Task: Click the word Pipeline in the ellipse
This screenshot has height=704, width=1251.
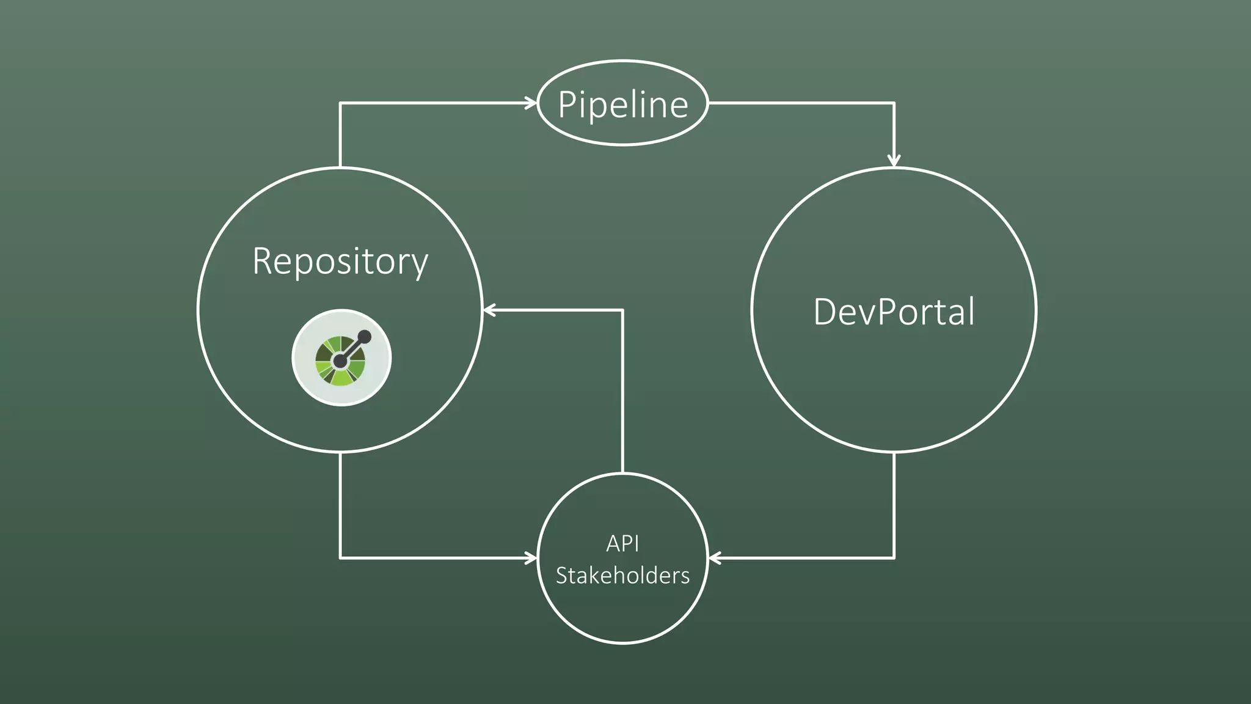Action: click(623, 105)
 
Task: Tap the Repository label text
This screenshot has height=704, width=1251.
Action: click(340, 262)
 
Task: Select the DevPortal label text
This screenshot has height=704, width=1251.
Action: click(894, 312)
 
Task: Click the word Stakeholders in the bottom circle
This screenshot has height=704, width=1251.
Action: click(622, 576)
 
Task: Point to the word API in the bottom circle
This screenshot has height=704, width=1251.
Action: click(622, 543)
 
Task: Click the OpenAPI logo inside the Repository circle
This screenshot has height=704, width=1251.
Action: click(341, 358)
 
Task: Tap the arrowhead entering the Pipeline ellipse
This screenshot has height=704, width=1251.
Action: click(532, 103)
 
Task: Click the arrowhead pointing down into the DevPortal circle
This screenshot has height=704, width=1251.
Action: click(894, 161)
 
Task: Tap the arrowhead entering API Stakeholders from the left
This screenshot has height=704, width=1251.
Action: click(532, 557)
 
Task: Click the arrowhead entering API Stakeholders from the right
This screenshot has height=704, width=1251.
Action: click(714, 557)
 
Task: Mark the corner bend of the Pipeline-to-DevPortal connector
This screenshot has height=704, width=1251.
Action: click(894, 103)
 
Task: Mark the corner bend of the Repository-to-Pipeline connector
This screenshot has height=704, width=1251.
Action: click(340, 103)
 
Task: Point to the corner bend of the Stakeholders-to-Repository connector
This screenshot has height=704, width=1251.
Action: click(622, 310)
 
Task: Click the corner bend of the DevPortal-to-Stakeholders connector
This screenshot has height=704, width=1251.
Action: click(894, 557)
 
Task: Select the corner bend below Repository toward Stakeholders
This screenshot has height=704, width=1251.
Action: click(340, 557)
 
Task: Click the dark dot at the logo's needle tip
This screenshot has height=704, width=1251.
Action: click(364, 336)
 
